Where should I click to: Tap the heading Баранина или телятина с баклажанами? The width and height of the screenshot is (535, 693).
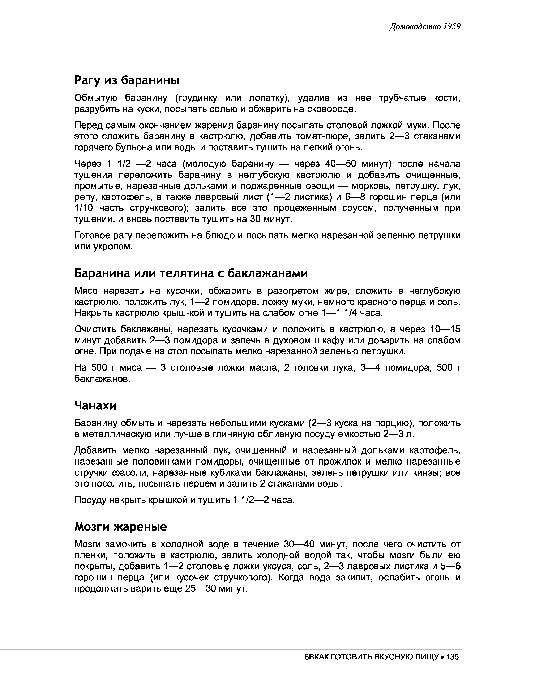click(x=191, y=273)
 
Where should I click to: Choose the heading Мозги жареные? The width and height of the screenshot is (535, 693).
click(x=120, y=527)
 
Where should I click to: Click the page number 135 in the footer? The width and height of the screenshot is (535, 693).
click(x=452, y=656)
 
